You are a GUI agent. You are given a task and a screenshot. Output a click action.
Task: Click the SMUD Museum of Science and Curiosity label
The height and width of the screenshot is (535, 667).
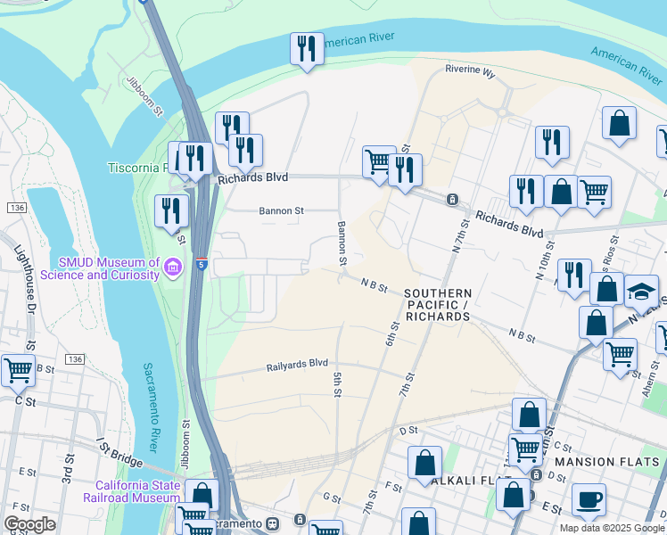click(109, 268)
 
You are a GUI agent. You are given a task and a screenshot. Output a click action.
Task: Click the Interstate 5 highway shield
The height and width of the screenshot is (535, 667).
click(202, 265)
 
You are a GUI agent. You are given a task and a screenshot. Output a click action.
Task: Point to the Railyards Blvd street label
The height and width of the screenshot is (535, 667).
click(298, 366)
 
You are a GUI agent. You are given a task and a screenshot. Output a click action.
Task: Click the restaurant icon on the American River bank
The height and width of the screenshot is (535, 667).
click(307, 50)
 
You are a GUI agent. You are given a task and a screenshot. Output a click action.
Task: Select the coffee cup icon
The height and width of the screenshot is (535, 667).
click(589, 500)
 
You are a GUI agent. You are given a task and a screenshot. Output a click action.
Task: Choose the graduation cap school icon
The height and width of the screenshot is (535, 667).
click(640, 292)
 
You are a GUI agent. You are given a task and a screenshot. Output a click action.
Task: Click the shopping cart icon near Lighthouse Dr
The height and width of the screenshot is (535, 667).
click(18, 370)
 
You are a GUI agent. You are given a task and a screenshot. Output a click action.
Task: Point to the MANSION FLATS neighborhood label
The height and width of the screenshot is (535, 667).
click(608, 462)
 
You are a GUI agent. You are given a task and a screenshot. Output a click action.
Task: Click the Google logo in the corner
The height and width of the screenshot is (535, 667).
click(29, 524)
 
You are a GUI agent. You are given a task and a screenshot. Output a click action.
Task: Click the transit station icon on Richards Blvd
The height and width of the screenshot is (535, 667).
click(452, 199)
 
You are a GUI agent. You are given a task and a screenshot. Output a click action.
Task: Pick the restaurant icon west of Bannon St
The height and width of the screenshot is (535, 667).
click(171, 212)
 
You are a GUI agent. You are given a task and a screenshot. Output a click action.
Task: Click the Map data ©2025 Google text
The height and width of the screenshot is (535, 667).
click(611, 528)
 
